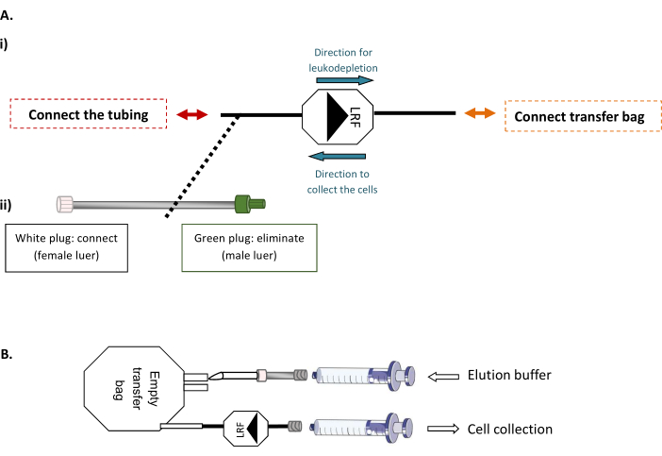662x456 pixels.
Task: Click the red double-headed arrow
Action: tap(192, 114)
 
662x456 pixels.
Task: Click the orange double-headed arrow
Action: tap(480, 113)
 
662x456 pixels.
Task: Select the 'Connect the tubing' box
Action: tap(89, 115)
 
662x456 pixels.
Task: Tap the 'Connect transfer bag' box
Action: tap(580, 115)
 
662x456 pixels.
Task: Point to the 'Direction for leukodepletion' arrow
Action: tap(343, 80)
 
